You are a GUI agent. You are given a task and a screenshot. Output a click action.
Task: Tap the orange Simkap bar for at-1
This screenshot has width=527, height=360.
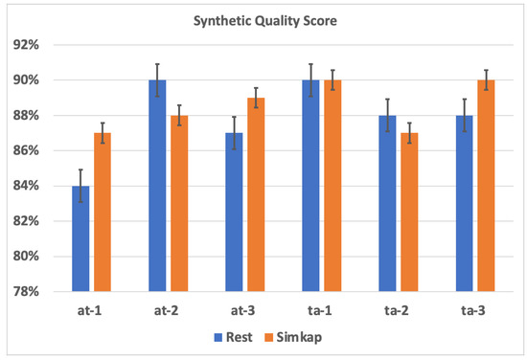[x=103, y=212]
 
